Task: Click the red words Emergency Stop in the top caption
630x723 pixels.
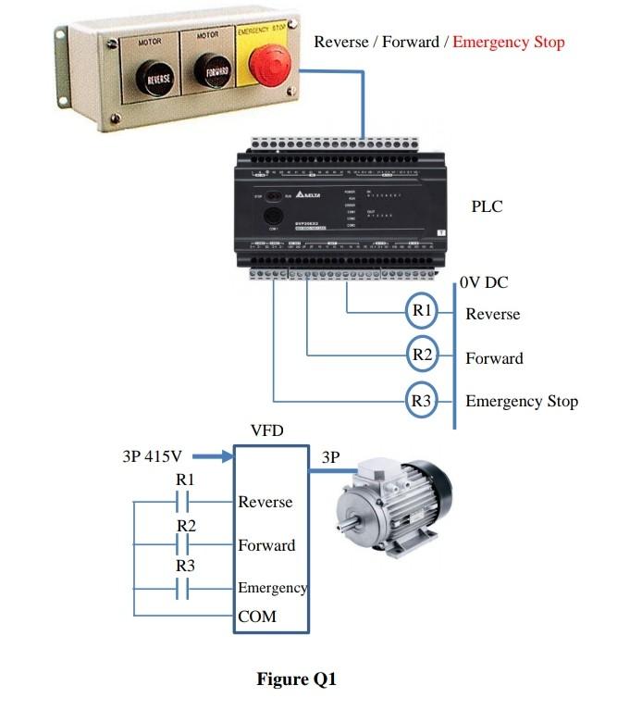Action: pyautogui.click(x=509, y=42)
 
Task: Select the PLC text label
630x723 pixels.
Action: pyautogui.click(x=487, y=206)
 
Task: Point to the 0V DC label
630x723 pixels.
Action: pyautogui.click(x=484, y=283)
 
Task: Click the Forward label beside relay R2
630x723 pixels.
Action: pyautogui.click(x=494, y=358)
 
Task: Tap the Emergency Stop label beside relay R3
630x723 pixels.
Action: pyautogui.click(x=521, y=401)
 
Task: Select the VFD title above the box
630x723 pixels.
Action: pyautogui.click(x=267, y=430)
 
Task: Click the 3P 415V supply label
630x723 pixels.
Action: pyautogui.click(x=152, y=456)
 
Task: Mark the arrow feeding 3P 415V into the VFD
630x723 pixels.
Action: pyautogui.click(x=212, y=456)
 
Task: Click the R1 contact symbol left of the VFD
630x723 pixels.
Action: pyautogui.click(x=182, y=502)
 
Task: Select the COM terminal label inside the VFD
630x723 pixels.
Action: pyautogui.click(x=257, y=617)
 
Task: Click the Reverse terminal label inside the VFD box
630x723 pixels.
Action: pyautogui.click(x=265, y=502)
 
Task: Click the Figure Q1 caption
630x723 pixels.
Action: pyautogui.click(x=297, y=679)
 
